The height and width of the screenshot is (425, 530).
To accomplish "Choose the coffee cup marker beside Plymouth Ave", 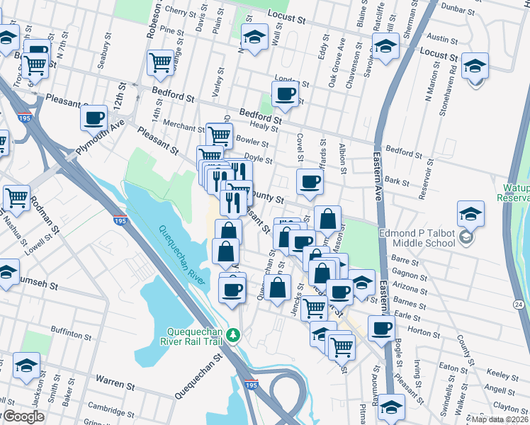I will [x=94, y=118].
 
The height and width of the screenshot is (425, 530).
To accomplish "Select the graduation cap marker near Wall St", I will [x=254, y=36].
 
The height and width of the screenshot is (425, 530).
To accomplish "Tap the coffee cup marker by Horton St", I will [x=381, y=329].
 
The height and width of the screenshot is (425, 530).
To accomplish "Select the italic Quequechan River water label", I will [x=182, y=255].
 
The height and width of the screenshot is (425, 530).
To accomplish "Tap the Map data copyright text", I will [x=499, y=419].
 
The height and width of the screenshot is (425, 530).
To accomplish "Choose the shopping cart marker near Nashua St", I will [x=16, y=198].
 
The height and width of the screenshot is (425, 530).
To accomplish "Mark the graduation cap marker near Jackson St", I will [x=26, y=365].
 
